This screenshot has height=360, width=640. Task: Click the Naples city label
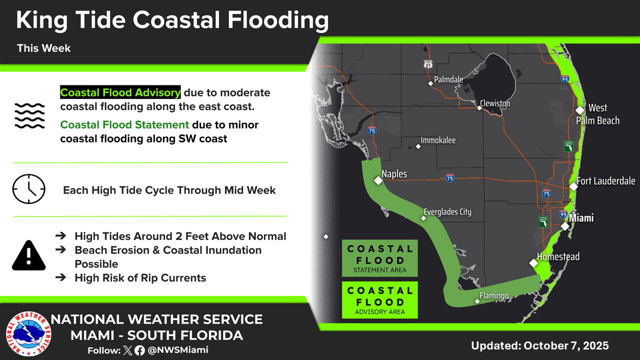(x=394, y=174)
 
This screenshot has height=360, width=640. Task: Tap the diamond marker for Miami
(x=565, y=226)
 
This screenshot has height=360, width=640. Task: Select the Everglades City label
(x=447, y=212)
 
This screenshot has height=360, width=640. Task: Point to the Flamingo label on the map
(x=494, y=295)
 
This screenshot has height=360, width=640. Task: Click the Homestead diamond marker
(x=533, y=263)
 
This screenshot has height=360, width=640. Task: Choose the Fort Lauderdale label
(x=605, y=181)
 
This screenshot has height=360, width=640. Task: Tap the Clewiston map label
(x=495, y=103)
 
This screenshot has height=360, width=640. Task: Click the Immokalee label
(x=438, y=140)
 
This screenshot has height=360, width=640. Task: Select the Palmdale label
(x=448, y=79)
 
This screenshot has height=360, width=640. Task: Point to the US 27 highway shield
(x=428, y=64)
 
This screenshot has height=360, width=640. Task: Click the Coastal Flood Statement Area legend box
(x=379, y=258)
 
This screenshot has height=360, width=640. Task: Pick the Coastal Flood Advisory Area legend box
(x=379, y=299)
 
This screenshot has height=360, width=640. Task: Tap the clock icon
(x=28, y=189)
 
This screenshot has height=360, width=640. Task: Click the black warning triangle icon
(x=28, y=255)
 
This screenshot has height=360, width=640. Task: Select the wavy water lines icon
(x=29, y=115)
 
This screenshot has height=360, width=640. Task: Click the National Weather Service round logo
(x=28, y=333)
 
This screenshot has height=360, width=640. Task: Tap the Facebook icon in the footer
(x=139, y=350)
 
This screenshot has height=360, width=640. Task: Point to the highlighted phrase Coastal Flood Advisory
(x=120, y=92)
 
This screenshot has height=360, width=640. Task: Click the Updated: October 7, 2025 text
(x=540, y=345)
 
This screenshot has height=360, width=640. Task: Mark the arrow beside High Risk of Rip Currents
(x=61, y=277)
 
